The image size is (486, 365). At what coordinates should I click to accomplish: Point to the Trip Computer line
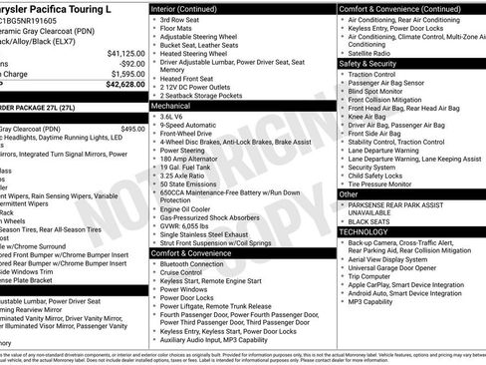372,276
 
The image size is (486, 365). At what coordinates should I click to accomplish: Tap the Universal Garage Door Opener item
395,267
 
